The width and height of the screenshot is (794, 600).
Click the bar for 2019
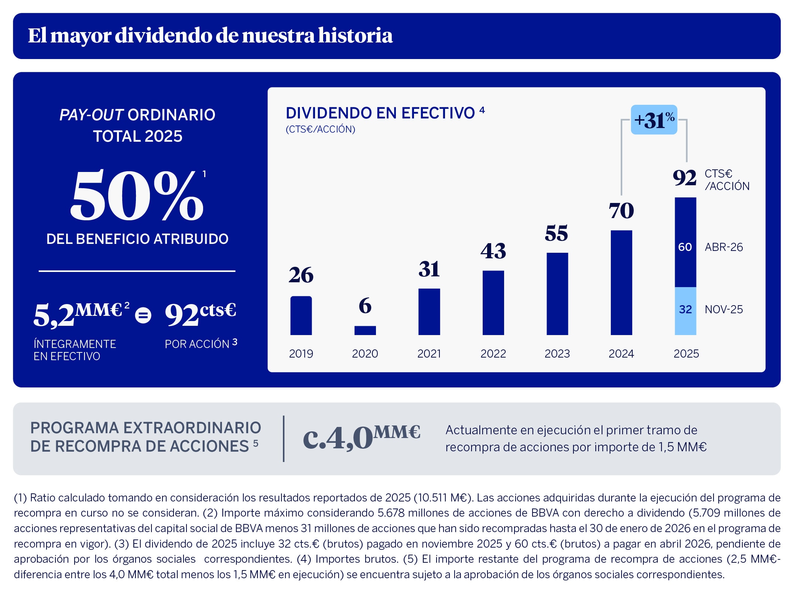pos(301,315)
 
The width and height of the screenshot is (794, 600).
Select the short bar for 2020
pos(365,330)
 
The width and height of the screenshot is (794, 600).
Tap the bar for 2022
pos(493,303)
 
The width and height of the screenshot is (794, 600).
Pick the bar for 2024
pos(621,283)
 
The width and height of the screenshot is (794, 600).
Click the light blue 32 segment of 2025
pos(685,311)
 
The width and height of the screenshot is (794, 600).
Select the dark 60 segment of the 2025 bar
pos(685,242)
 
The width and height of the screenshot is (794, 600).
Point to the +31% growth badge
pos(654,120)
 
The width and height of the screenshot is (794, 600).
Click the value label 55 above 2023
pos(557,233)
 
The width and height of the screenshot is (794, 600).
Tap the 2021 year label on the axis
pos(429,354)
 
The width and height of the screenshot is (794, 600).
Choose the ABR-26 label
pos(723,247)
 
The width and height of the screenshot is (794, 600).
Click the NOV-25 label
pos(723,309)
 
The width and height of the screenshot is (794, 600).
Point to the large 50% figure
pos(137,196)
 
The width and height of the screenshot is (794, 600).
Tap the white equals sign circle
pos(143,316)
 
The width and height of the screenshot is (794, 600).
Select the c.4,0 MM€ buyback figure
pos(361,437)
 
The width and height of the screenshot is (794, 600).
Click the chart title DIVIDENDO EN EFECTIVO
pos(380,113)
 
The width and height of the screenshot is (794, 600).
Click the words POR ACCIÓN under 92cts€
pos(197,344)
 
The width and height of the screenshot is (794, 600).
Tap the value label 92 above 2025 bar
pos(684,178)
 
